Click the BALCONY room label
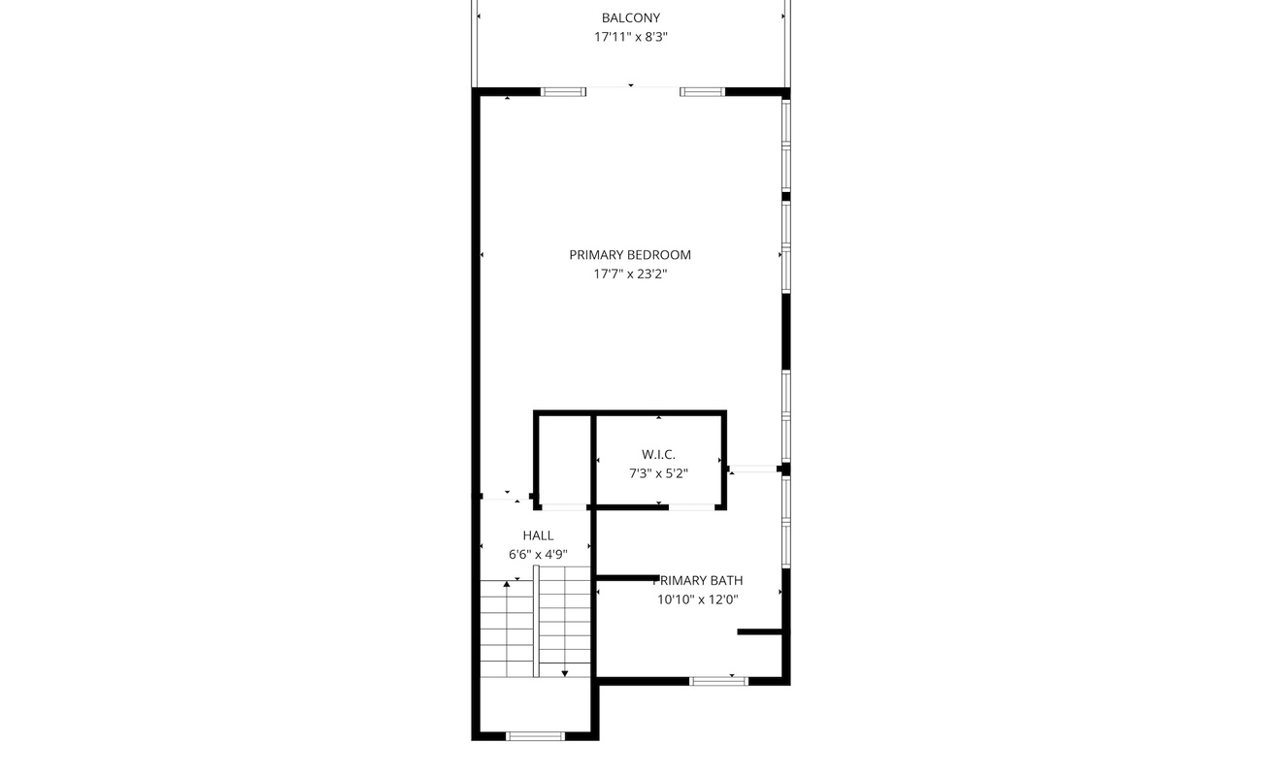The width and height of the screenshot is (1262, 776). click(630, 18)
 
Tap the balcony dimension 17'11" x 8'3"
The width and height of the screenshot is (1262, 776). click(630, 37)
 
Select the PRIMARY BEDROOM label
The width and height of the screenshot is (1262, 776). click(630, 255)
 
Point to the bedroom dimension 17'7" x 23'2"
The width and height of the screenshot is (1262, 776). click(630, 275)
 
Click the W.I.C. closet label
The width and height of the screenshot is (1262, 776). click(658, 455)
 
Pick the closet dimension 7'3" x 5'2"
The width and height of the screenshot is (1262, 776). click(658, 473)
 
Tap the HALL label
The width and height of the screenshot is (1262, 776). click(538, 535)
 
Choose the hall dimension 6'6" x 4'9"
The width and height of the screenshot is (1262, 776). click(538, 555)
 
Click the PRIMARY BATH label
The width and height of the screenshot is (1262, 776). click(697, 581)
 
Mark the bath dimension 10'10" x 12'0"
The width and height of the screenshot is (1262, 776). click(697, 599)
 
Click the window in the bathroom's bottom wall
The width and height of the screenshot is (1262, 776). click(718, 681)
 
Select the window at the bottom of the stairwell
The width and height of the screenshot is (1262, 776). click(535, 736)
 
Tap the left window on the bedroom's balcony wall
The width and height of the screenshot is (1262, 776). click(563, 92)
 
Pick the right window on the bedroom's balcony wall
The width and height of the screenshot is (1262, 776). click(703, 92)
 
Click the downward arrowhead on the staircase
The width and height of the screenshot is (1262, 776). click(565, 673)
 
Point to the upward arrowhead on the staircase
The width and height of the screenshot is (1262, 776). click(507, 584)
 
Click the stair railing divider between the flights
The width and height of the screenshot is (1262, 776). click(536, 622)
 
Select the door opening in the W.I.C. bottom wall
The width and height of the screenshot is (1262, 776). click(691, 507)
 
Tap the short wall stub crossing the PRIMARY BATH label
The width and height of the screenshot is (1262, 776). click(628, 578)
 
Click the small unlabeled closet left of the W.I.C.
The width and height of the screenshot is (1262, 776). click(564, 460)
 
